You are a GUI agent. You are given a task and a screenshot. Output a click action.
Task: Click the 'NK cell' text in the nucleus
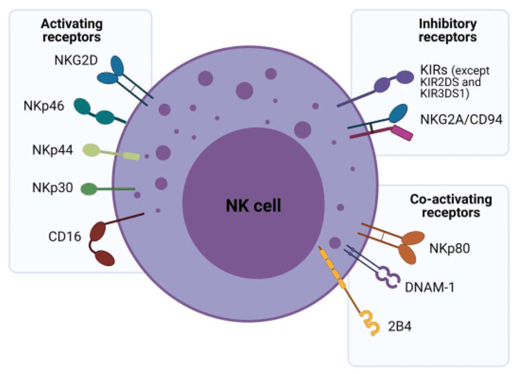pos(253,206)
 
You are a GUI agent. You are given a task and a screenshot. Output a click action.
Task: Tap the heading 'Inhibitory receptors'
pos(447,30)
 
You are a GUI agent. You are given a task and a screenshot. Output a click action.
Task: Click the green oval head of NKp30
pos(89,189)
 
